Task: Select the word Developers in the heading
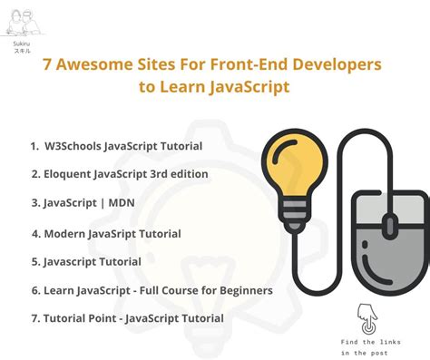coord(330,66)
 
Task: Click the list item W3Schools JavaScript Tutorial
coord(115,145)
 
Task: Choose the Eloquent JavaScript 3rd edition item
coord(120,174)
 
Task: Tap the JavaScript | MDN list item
coord(83,203)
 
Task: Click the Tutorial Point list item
coord(127,318)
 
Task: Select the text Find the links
coord(370,340)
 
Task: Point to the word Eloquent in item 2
coord(68,174)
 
